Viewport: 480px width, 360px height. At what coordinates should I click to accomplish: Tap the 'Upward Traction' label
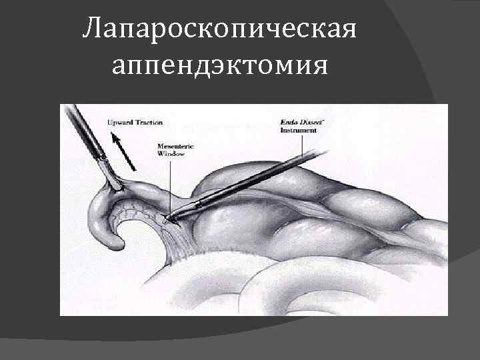tap(135, 123)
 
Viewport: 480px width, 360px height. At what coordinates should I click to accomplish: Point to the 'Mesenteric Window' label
tap(175, 151)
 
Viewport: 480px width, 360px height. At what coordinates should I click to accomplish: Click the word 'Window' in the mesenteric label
tap(171, 155)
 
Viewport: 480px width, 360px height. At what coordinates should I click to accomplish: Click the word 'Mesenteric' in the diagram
tap(175, 146)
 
